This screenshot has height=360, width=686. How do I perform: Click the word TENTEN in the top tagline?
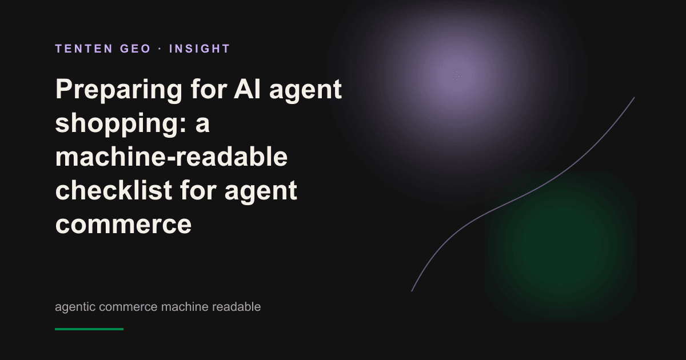84,49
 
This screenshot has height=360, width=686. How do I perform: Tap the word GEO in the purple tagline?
135,49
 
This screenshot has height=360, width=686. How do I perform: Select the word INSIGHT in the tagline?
200,49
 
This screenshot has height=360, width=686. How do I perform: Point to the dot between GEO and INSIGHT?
160,49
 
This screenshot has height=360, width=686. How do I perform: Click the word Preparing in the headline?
119,90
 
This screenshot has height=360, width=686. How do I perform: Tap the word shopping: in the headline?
121,123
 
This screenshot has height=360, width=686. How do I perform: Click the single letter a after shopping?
202,125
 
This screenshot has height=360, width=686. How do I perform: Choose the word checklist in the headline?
114,190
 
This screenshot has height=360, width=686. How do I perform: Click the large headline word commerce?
123,225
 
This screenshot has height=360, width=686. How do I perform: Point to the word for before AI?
209,89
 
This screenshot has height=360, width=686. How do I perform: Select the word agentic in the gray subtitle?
75,307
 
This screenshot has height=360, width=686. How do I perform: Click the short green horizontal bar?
89,329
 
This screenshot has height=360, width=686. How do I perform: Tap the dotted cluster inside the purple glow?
456,76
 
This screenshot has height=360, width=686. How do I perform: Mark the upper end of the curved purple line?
634,98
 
